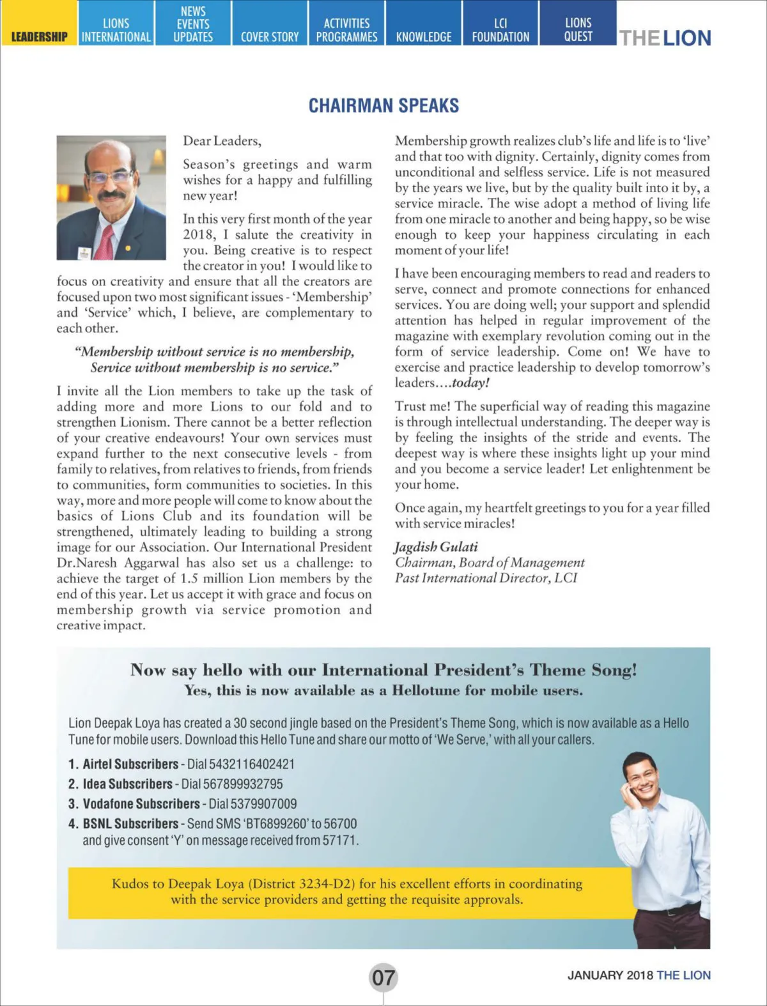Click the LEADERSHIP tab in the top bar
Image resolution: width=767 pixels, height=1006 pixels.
click(x=39, y=36)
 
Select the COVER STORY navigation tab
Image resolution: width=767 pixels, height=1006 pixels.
click(x=270, y=36)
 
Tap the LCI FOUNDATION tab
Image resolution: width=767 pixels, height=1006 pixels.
click(x=500, y=30)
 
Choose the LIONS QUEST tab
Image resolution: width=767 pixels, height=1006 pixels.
click(x=578, y=30)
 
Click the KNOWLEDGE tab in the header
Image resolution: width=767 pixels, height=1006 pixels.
click(x=424, y=36)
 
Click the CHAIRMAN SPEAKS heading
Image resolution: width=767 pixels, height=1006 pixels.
click(x=383, y=105)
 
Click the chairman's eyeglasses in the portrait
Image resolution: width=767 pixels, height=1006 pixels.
click(x=110, y=176)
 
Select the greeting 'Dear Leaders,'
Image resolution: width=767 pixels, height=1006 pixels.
click(x=222, y=141)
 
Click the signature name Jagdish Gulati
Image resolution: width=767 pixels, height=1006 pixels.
click(x=436, y=547)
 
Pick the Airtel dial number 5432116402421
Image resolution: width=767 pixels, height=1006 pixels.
click(x=243, y=764)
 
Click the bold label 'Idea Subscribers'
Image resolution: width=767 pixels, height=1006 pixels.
click(x=127, y=784)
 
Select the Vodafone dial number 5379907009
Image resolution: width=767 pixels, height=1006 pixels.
click(x=253, y=804)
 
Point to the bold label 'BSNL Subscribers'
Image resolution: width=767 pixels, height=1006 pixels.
click(x=130, y=824)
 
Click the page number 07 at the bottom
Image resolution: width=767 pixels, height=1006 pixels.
click(x=383, y=977)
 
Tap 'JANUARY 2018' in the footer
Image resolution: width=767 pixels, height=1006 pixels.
click(x=610, y=975)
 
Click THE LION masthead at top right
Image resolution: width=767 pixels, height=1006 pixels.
click(x=665, y=38)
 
